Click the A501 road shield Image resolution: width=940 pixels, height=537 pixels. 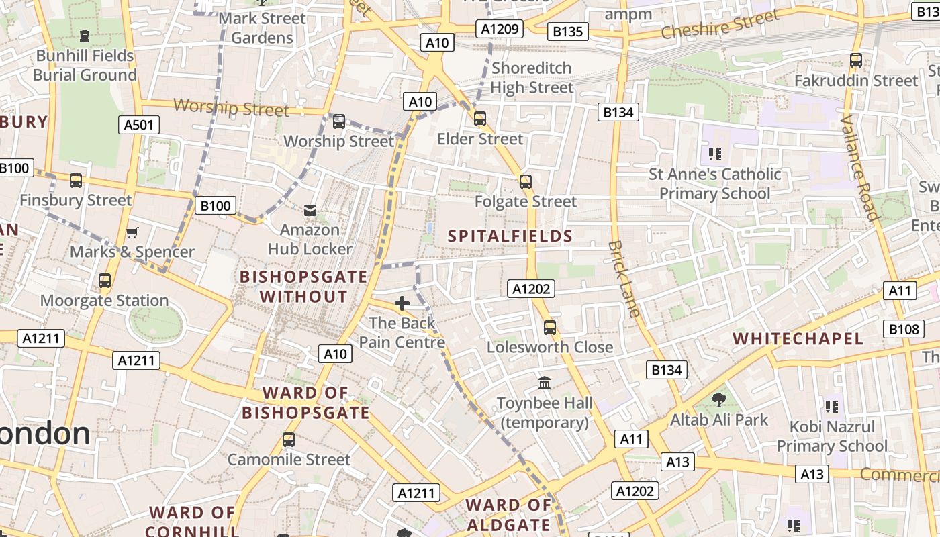139,124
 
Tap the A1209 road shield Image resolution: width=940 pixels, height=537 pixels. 500,28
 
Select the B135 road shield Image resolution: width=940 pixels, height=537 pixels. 567,32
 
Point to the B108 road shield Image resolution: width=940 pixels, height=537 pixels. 904,329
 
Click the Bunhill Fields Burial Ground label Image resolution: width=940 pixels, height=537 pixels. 85,65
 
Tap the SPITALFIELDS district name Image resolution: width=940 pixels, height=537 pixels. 510,236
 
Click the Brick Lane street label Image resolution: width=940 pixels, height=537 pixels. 624,279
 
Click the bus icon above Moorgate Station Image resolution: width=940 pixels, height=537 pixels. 105,281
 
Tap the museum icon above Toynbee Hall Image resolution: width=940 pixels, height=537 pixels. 545,383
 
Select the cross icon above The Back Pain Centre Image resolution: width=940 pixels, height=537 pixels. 402,303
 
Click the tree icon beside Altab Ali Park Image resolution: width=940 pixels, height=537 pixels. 718,400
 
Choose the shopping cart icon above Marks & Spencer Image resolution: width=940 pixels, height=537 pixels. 132,232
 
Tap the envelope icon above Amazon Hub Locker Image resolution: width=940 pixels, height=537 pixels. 310,211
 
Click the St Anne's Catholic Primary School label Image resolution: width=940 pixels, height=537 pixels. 714,184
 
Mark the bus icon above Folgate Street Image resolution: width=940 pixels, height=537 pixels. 526,181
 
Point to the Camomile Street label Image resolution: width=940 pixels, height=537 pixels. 289,460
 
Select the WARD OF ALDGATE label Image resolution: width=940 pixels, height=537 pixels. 508,515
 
